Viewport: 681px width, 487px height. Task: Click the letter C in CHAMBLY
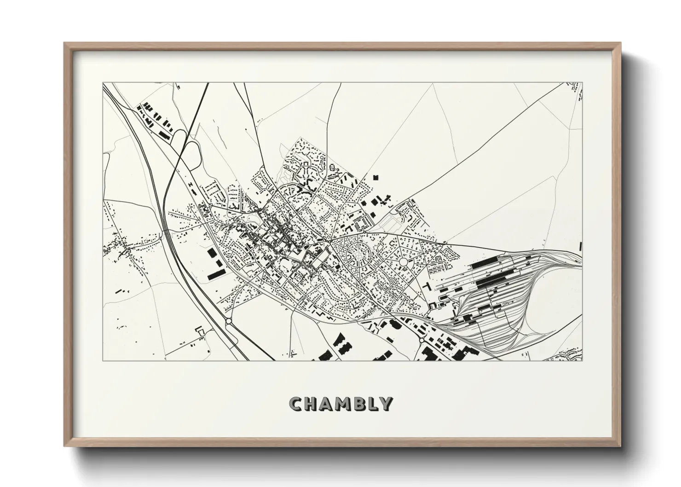coord(295,404)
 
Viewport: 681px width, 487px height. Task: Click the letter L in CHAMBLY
coord(373,404)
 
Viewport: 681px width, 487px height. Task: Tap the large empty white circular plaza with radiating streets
coord(404,262)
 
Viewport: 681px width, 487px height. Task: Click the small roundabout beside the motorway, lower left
coord(228,321)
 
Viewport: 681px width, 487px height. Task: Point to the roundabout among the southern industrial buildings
coord(421,340)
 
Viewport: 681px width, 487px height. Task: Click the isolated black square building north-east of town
coord(375,177)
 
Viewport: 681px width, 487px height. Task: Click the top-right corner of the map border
coord(583,83)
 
